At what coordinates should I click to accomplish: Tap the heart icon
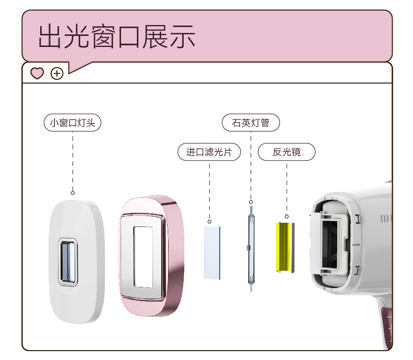37,74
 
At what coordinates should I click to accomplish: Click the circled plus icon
57,74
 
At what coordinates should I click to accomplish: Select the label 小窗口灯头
72,123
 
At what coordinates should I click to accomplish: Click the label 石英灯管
251,123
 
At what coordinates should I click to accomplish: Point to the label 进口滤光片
209,152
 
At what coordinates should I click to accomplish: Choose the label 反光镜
287,152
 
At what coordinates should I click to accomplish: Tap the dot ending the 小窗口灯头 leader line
73,193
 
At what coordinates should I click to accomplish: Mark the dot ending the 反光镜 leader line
287,215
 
